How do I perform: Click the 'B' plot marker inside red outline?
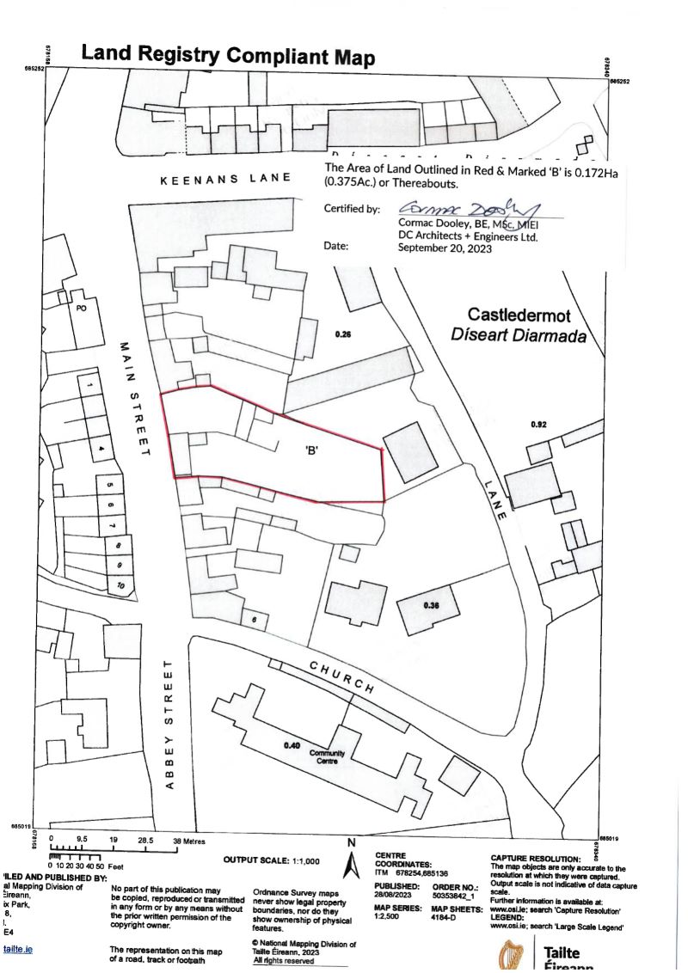pyautogui.click(x=312, y=450)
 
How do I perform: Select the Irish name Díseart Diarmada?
pyautogui.click(x=518, y=335)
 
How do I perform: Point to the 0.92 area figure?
pyautogui.click(x=539, y=425)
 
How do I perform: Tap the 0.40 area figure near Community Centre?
pyautogui.click(x=292, y=745)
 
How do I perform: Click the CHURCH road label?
pyautogui.click(x=341, y=678)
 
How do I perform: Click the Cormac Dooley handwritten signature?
pyautogui.click(x=468, y=209)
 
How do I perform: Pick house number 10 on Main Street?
pyautogui.click(x=120, y=585)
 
